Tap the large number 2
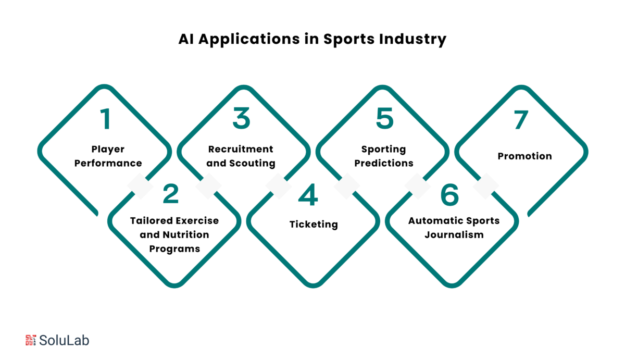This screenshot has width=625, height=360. pos(170,194)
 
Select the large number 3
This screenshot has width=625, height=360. pos(242,118)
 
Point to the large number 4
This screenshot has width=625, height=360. pos(308,194)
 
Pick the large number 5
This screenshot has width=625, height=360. pos(385,118)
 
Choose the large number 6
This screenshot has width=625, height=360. pos(450,195)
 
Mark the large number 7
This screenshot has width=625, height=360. pos(521,120)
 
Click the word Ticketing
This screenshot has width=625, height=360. pos(314,225)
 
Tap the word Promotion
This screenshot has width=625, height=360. pos(525,156)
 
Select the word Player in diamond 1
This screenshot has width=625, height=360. pos(108,150)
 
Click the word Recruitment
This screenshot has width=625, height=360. pos(241,149)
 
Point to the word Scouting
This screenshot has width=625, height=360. pos(252,163)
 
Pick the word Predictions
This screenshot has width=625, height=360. pos(384,163)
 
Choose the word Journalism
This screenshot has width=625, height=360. pos(454,234)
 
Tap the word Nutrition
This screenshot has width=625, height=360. pos(186,234)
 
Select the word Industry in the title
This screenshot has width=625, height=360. pos(413,40)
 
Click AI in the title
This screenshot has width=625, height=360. pos(186,39)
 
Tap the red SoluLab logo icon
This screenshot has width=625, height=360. pos(31,340)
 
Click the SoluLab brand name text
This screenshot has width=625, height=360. pos(64,341)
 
